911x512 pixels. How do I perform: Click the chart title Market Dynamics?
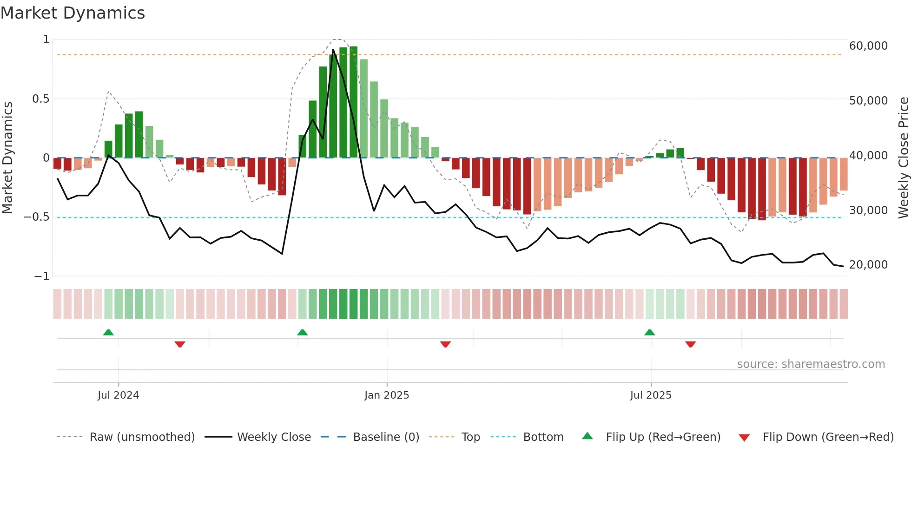coord(73,13)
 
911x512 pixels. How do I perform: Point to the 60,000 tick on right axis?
coord(868,46)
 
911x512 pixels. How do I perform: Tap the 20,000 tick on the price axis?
coord(868,265)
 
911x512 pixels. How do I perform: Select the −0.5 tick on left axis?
coord(36,217)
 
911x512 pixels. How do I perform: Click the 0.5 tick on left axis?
coord(40,99)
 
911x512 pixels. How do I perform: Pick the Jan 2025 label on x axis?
coord(387,395)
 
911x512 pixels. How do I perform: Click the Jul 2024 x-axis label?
coord(118,395)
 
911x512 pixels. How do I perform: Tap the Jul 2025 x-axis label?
coord(651,395)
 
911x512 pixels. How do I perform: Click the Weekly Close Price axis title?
coord(903,158)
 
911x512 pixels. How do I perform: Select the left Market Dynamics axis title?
coord(8,158)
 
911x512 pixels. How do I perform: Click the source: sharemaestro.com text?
coord(811,364)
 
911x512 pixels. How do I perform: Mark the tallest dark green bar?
coord(354,102)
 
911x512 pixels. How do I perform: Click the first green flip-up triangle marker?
coord(108,332)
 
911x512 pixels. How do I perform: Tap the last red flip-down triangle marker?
coord(690,344)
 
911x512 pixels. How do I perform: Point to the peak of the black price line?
coord(333,50)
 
